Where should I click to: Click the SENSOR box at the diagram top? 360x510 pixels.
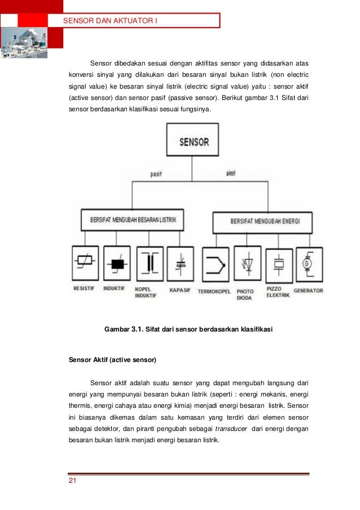[194, 141]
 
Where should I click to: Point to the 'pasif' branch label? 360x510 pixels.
[156, 174]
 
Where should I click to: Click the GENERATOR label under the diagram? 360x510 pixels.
[308, 290]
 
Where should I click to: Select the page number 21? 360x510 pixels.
[72, 481]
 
